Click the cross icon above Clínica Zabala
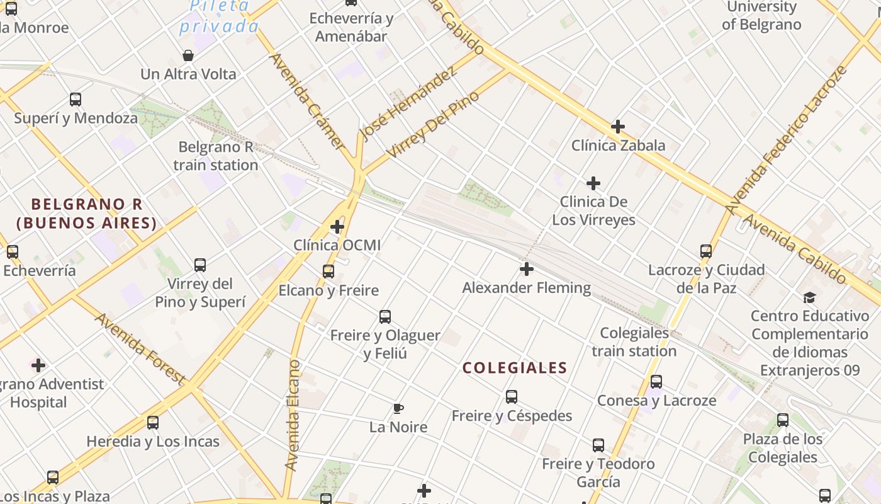pos(618,127)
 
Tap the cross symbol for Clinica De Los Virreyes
pos(593,183)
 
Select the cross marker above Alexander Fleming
pos(527,270)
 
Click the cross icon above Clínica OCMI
pos(337,226)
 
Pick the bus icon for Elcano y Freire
pos(328,272)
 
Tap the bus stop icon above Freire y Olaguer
pos(385,317)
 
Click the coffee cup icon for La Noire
pos(398,409)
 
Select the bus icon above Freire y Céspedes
pos(512,397)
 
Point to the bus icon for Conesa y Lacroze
pos(656,382)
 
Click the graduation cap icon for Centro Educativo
pos(809,297)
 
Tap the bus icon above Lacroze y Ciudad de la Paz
pos(706,251)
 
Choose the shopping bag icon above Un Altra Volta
pos(188,55)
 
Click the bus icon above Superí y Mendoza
pos(76,100)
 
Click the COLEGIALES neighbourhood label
pos(515,368)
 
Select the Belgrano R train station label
pos(216,156)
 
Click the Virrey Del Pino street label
pos(433,125)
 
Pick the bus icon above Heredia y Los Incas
pos(153,423)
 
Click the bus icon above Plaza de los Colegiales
pos(783,420)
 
